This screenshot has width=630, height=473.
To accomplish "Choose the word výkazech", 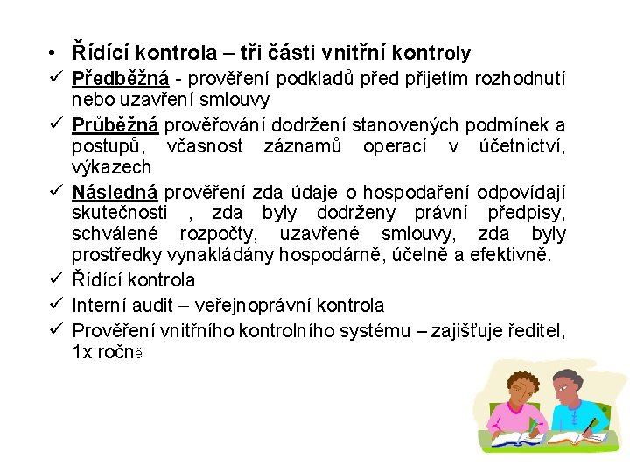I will tap(111, 167).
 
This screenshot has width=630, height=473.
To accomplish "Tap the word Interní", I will tap(101, 305).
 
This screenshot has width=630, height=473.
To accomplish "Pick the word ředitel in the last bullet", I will tap(536, 330).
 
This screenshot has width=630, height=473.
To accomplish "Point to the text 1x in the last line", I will tap(81, 352).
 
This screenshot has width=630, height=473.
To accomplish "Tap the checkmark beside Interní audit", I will tap(55, 305).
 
